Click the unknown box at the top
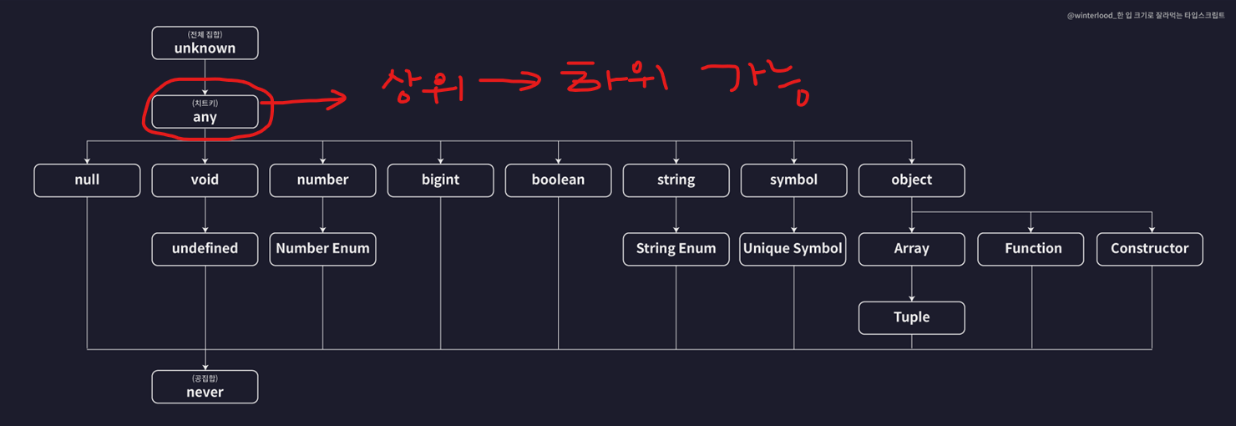205,43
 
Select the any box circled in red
205,112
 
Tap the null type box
87,180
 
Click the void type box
205,180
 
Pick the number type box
322,180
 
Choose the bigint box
440,180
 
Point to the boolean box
558,180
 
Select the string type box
676,180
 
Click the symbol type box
793,180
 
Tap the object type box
911,180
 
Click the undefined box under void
205,249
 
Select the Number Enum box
322,249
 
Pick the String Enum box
676,249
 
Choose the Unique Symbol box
793,249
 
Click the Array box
911,249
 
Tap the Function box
1033,249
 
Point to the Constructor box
1149,249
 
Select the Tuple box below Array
911,317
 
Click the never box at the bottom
205,387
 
